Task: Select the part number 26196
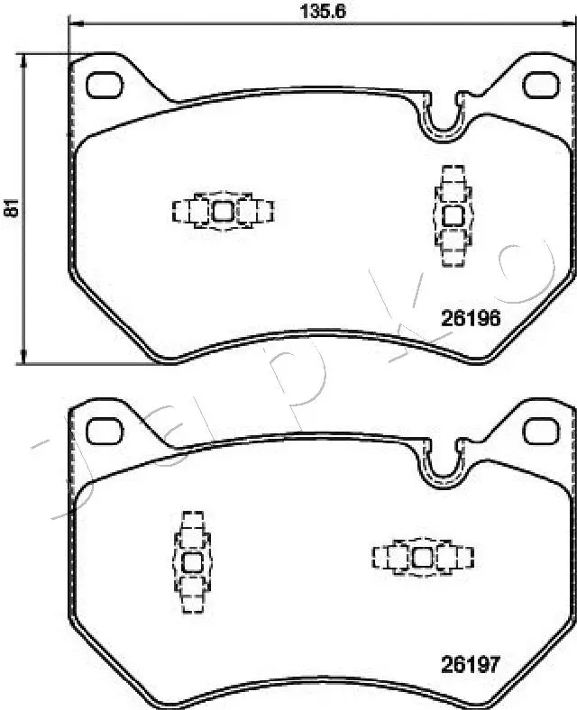click(x=470, y=317)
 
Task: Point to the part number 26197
click(x=470, y=665)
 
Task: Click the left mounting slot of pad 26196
click(x=105, y=83)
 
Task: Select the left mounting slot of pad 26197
click(x=105, y=430)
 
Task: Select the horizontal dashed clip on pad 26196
click(x=223, y=211)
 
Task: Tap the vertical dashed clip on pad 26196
click(x=453, y=215)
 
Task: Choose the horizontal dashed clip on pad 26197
click(x=422, y=558)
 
